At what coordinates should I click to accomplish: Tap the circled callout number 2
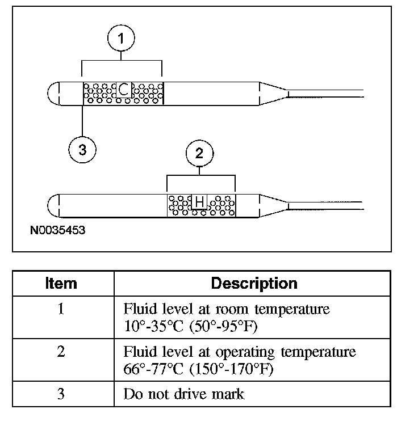point(199,153)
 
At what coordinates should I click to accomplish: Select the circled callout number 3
point(82,150)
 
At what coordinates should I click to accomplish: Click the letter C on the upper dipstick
point(124,90)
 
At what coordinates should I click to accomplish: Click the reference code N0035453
point(58,231)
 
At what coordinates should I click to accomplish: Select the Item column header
point(61,284)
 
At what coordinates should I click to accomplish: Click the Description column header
point(254,284)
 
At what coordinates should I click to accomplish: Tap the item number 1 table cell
point(61,310)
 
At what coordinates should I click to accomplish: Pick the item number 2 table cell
point(61,352)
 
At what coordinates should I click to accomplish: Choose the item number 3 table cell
point(61,393)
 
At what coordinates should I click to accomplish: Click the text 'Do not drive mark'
point(183,394)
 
